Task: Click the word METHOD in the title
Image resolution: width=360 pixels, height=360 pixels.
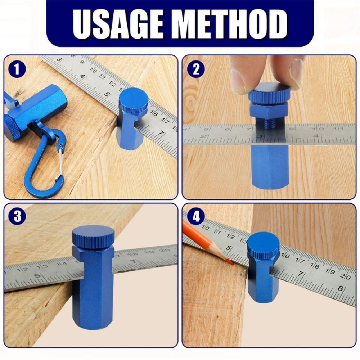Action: coord(231,24)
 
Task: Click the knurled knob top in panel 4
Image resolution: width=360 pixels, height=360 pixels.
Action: coord(263,245)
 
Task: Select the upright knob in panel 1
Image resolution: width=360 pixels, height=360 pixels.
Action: coord(134,101)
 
